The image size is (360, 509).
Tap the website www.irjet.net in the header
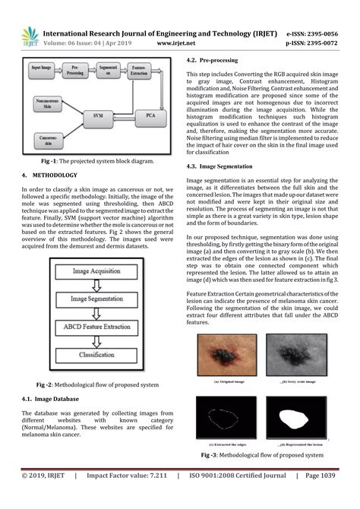176,44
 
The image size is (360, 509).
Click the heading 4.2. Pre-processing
216,59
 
